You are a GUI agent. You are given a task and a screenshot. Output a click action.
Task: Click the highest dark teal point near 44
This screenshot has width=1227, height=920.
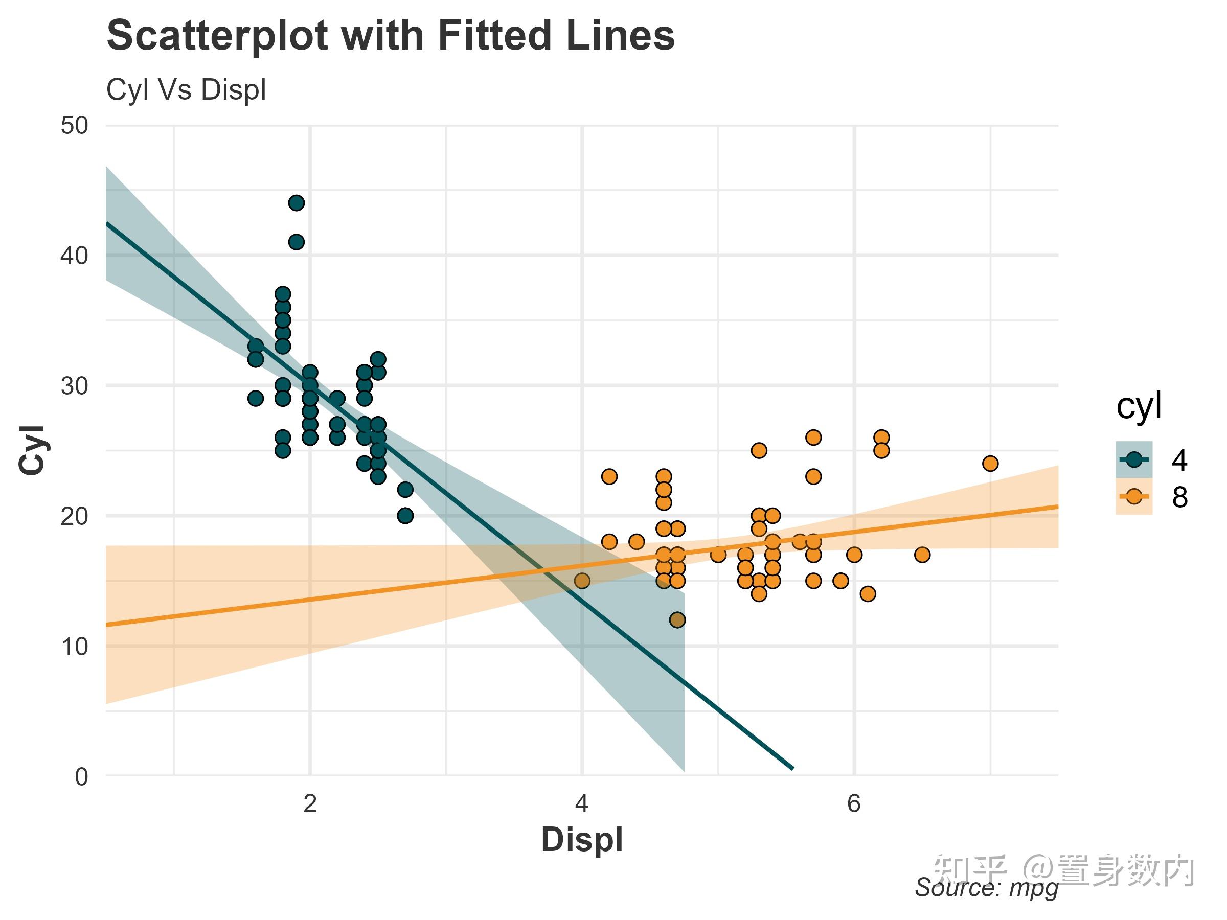(296, 203)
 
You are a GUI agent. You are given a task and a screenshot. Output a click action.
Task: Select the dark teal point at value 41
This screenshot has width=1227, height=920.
(296, 242)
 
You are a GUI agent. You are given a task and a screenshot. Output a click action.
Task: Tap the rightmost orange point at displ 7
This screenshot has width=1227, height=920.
(990, 463)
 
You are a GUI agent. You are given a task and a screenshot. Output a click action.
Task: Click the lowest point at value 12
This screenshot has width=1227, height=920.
(677, 619)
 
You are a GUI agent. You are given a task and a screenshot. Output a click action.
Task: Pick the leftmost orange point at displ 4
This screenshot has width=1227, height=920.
(582, 581)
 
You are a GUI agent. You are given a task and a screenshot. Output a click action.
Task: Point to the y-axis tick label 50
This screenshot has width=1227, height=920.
(74, 126)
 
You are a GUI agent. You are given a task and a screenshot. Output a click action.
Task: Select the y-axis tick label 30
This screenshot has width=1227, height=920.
(74, 386)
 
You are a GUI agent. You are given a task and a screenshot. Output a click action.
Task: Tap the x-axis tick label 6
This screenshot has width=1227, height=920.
(854, 803)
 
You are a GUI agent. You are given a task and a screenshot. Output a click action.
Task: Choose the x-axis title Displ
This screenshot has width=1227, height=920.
(582, 839)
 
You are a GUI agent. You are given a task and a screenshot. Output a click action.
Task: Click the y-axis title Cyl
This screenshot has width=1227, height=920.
(32, 450)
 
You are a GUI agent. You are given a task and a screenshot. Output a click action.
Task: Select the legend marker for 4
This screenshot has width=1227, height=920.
(1134, 459)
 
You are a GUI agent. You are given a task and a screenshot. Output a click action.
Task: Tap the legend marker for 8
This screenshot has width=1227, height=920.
(1134, 496)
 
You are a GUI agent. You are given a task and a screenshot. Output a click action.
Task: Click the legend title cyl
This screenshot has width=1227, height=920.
(1138, 406)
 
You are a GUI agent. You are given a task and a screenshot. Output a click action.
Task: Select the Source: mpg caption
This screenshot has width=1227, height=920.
(986, 888)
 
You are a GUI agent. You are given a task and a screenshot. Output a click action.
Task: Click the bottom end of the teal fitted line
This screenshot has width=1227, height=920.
(792, 769)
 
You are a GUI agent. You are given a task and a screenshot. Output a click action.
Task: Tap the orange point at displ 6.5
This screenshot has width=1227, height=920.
(922, 555)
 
